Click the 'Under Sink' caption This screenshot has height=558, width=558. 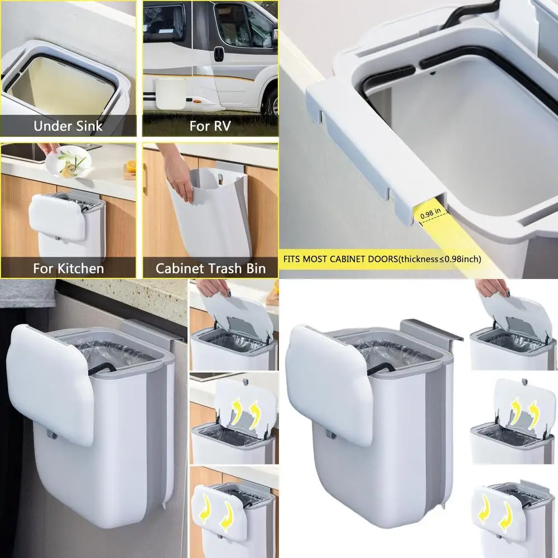pyautogui.click(x=68, y=126)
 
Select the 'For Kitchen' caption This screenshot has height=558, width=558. pyautogui.click(x=68, y=268)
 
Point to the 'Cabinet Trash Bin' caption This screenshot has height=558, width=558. pyautogui.click(x=210, y=268)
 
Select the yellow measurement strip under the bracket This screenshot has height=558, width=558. pyautogui.click(x=458, y=234)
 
